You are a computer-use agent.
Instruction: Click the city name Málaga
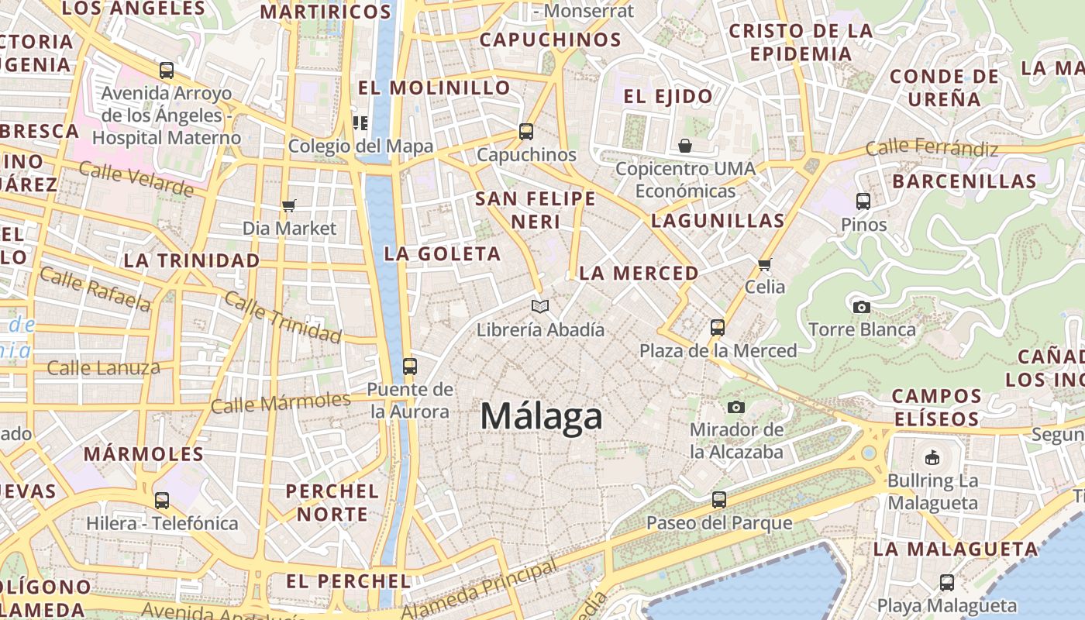(541, 416)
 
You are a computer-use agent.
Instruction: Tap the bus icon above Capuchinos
(526, 132)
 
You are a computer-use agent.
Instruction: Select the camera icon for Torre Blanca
(861, 307)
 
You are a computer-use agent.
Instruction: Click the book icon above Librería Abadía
(540, 307)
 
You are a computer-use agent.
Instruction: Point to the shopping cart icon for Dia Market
(289, 205)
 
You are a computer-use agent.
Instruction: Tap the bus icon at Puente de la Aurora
(409, 366)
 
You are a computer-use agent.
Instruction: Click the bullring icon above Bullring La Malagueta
(932, 457)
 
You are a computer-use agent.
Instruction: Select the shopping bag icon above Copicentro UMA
(685, 146)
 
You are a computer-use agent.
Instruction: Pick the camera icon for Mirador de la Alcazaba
(735, 407)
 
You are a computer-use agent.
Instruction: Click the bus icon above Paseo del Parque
(719, 500)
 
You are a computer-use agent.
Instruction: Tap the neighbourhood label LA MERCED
(639, 274)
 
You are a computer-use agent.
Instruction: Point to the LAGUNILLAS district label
(718, 221)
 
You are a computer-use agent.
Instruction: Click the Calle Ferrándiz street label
(931, 147)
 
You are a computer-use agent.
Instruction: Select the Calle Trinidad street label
(283, 318)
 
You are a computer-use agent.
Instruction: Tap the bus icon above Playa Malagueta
(946, 582)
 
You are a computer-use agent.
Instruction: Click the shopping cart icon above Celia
(765, 264)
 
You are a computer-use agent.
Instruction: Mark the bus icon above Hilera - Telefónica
(161, 501)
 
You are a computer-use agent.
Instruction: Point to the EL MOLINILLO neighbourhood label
(434, 88)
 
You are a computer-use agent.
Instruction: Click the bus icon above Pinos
(863, 201)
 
